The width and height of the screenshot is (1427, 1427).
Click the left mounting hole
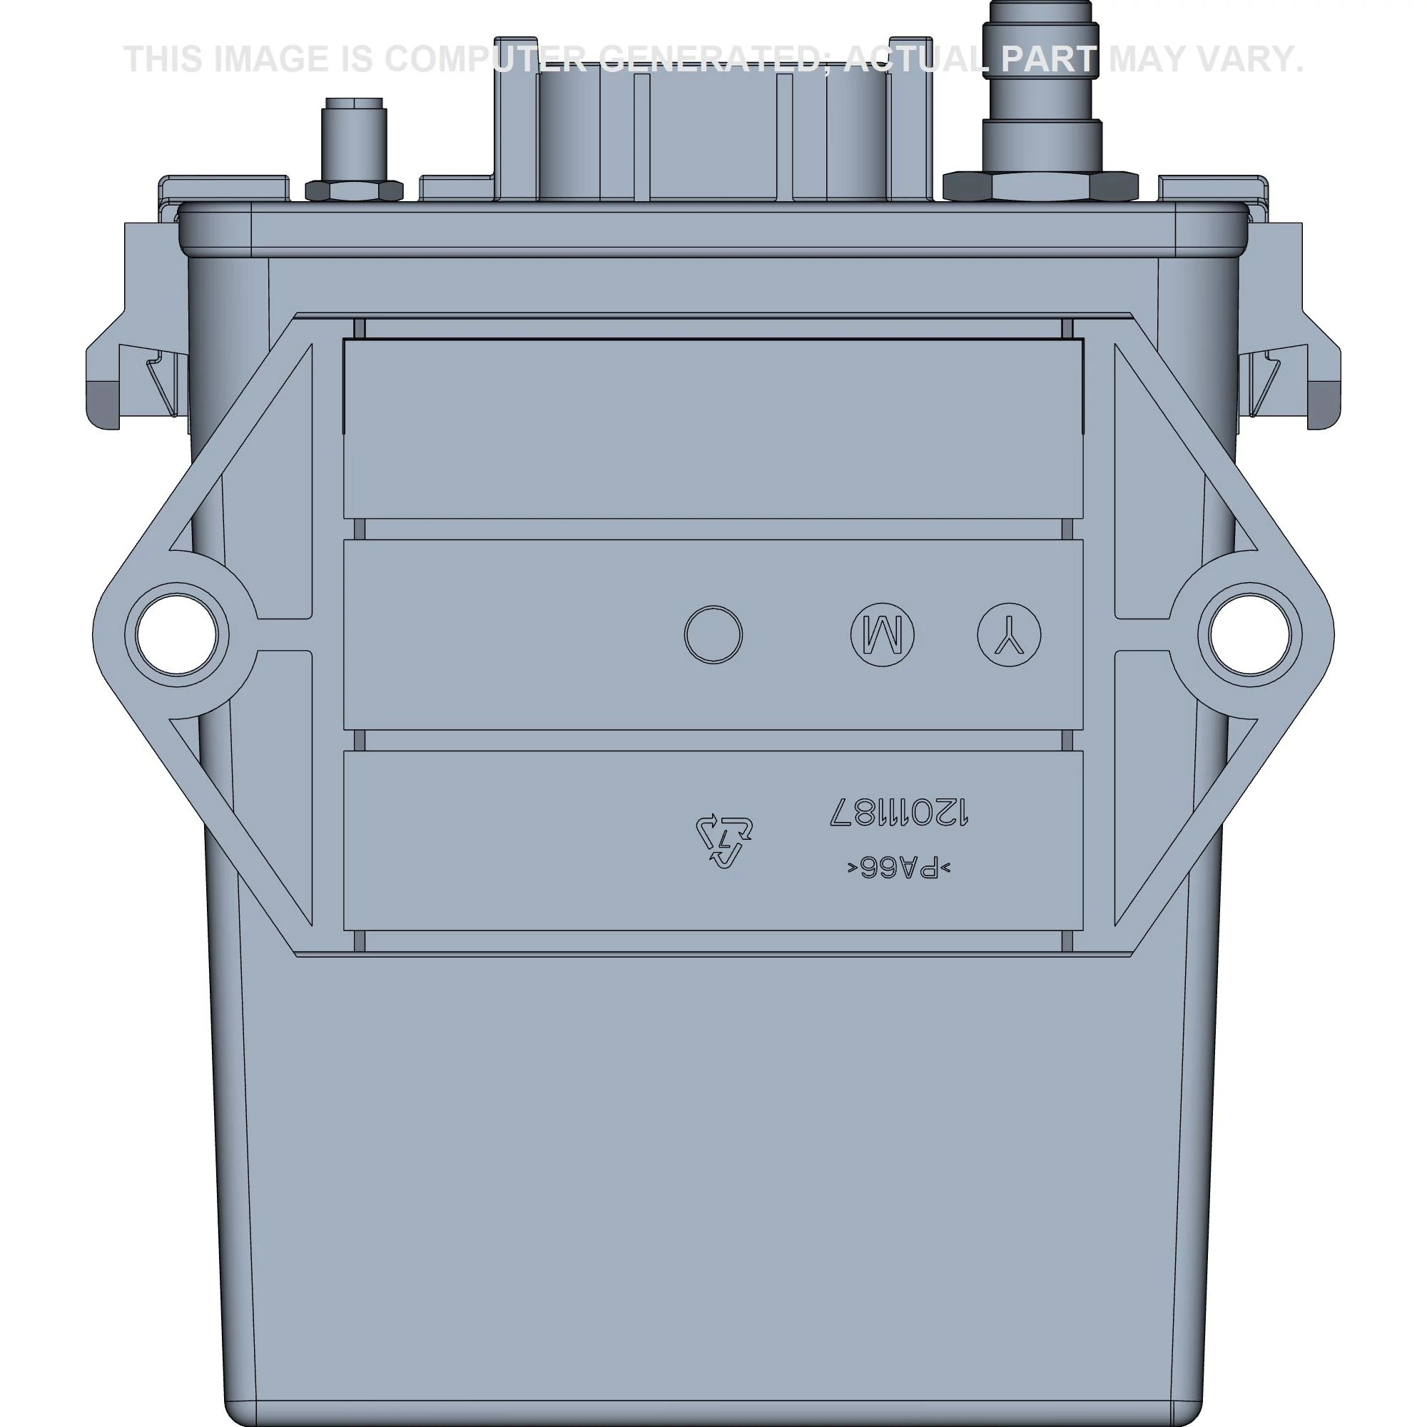177,635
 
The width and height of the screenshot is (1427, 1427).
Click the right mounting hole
1250,635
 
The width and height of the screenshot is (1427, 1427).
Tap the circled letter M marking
882,635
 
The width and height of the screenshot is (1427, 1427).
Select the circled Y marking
1009,635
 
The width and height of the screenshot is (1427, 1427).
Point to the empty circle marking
713,635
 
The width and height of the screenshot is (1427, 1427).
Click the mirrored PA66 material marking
898,868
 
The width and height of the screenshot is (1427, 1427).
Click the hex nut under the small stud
355,191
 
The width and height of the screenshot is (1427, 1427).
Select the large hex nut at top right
1040,186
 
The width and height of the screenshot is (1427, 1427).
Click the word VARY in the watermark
1246,59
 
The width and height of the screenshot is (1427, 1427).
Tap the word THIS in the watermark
163,59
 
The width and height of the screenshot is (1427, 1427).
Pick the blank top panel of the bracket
713,428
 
